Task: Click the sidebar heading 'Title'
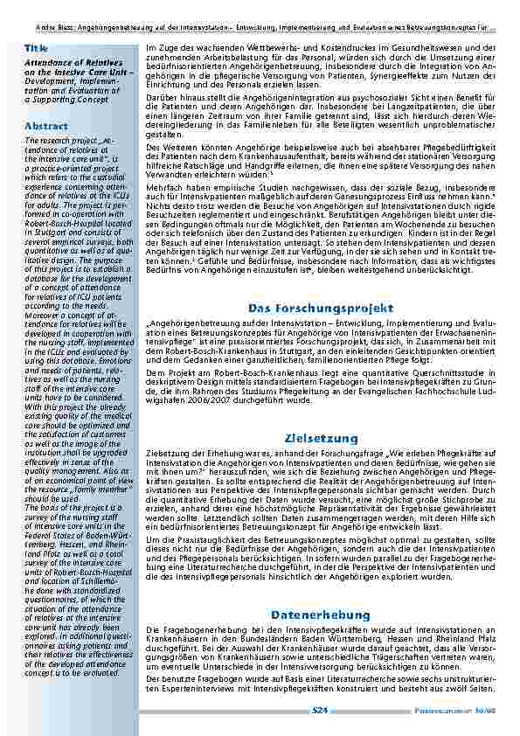tap(37, 46)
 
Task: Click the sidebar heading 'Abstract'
tap(46, 126)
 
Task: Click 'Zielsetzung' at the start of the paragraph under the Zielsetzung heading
tap(166, 455)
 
